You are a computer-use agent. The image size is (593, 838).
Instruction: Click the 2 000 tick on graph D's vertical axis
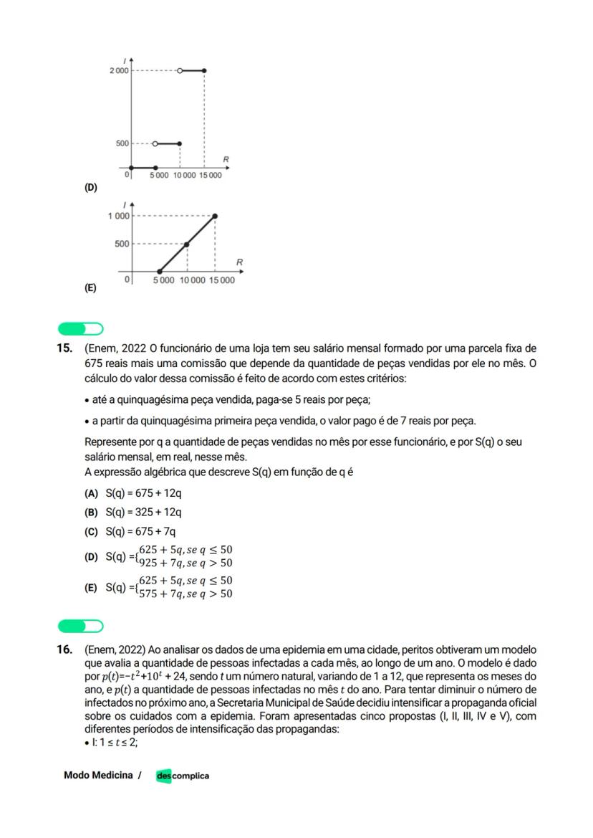(x=118, y=71)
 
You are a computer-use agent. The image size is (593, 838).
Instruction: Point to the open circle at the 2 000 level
(x=180, y=71)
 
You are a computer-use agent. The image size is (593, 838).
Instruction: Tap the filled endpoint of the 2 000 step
(x=205, y=71)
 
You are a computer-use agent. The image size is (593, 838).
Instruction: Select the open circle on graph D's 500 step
(x=155, y=143)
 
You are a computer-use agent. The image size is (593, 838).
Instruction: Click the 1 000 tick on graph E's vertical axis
(x=119, y=216)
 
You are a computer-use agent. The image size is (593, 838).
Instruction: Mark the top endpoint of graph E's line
(x=216, y=216)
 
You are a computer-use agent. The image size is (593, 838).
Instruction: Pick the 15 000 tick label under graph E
(x=222, y=280)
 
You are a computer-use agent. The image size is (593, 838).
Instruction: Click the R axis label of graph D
(x=226, y=157)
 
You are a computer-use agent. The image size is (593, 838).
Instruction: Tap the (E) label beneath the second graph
(x=90, y=288)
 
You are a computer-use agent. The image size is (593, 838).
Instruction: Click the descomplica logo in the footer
(x=183, y=776)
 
